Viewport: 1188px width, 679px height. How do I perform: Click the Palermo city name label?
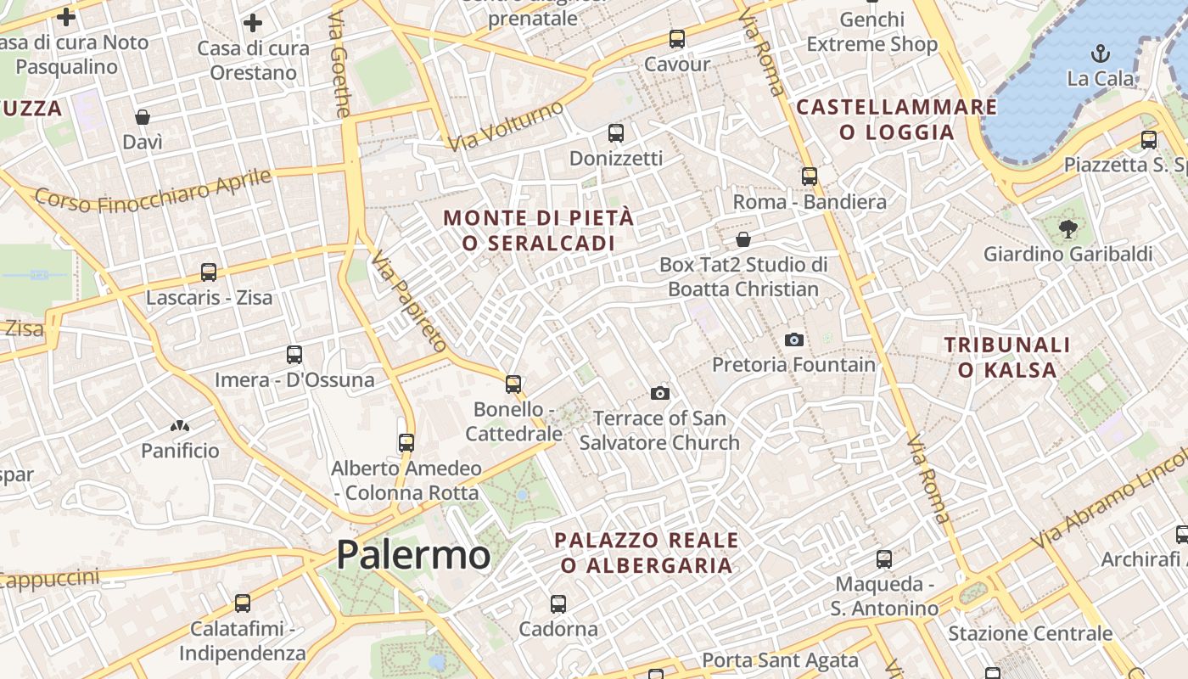[413, 555]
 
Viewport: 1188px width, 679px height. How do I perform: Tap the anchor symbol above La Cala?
[1100, 53]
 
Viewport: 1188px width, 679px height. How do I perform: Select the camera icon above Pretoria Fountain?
[794, 339]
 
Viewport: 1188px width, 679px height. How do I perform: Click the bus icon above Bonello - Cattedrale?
[513, 384]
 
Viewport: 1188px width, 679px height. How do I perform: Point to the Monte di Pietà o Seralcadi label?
[538, 230]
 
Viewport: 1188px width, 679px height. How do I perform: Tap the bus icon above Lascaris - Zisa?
[209, 272]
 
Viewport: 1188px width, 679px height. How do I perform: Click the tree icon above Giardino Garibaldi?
[1068, 227]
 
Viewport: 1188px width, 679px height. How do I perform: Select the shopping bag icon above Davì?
[143, 116]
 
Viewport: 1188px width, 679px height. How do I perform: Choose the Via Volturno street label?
[506, 126]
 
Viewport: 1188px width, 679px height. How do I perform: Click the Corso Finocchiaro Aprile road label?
[154, 191]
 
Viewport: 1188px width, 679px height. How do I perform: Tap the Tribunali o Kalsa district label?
[1007, 357]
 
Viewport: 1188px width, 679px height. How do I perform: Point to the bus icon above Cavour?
[676, 38]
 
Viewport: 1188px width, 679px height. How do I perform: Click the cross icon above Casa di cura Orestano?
[253, 23]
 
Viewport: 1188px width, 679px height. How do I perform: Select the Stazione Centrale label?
[1029, 633]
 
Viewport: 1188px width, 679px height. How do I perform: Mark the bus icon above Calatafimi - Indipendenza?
[243, 603]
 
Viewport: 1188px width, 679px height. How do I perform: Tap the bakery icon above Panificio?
[180, 425]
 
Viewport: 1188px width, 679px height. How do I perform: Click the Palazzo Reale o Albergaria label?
[646, 553]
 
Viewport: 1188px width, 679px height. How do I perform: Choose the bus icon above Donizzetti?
[616, 133]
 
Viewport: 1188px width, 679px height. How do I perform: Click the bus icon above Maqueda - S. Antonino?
[884, 558]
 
